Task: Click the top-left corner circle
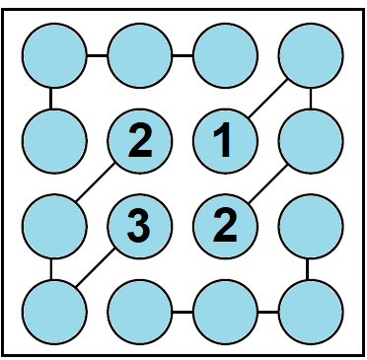pyautogui.click(x=52, y=55)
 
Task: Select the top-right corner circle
pyautogui.click(x=310, y=55)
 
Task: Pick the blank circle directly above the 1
pyautogui.click(x=224, y=55)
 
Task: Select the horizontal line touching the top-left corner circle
pyautogui.click(x=95, y=55)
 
